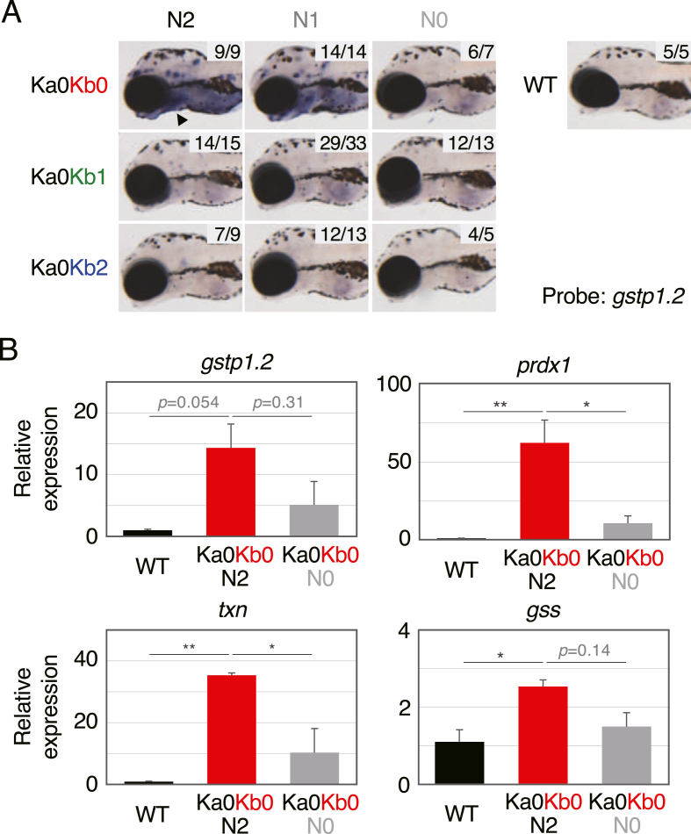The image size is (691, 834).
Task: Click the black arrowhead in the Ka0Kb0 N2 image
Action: tap(180, 119)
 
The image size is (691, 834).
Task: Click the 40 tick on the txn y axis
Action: tap(85, 661)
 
